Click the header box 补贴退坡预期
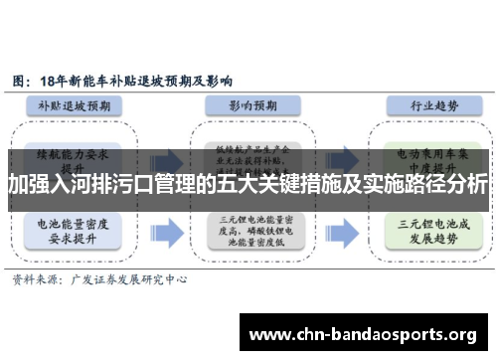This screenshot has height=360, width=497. point(81,102)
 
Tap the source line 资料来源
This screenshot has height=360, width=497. point(34,281)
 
